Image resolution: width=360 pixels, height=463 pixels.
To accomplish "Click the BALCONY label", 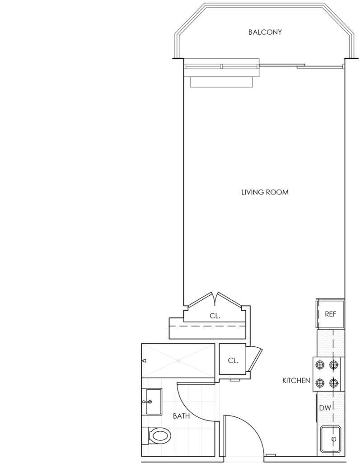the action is tap(265, 32).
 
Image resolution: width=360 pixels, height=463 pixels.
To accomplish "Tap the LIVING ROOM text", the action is tap(265, 192).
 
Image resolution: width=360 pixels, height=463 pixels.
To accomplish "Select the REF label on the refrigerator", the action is tap(330, 314).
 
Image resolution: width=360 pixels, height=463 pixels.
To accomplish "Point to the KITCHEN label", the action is tap(296, 381).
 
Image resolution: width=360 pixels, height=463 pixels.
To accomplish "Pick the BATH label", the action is tap(181, 416).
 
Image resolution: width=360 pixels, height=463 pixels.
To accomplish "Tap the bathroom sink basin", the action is tap(154, 402).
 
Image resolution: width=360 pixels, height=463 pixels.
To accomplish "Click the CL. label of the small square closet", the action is tap(233, 360).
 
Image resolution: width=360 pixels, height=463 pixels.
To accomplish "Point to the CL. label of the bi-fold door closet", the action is tap(215, 316).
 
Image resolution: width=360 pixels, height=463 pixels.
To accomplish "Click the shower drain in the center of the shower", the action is tap(178, 360).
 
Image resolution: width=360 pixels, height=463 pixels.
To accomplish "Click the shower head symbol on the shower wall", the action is tap(145, 360).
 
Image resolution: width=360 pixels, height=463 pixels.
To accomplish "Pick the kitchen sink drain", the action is tap(334, 439).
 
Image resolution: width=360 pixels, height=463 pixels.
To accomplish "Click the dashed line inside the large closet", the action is tap(208, 326).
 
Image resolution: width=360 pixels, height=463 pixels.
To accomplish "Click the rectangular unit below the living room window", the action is tap(222, 82).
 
